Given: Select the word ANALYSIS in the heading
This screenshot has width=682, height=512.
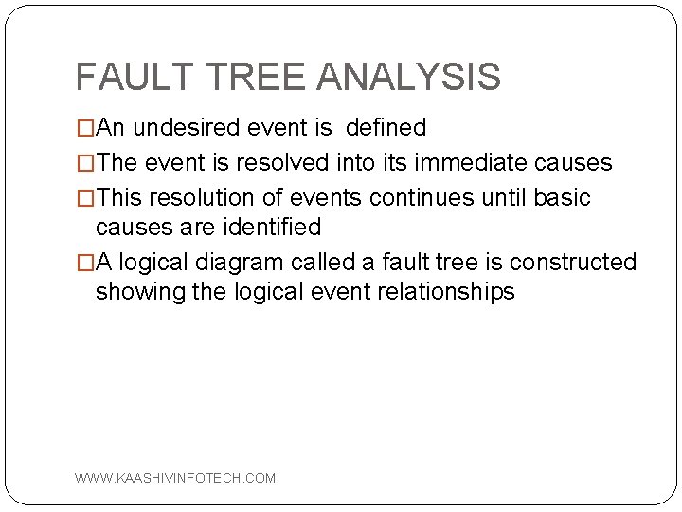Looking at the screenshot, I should (409, 77).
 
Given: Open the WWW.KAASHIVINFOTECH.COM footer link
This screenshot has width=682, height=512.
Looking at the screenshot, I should (175, 478).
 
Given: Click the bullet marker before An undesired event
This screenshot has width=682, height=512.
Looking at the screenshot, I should (85, 128).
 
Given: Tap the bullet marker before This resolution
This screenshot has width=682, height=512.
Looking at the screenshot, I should (85, 198).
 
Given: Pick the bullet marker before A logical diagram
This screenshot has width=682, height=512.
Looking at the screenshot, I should (85, 263).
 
